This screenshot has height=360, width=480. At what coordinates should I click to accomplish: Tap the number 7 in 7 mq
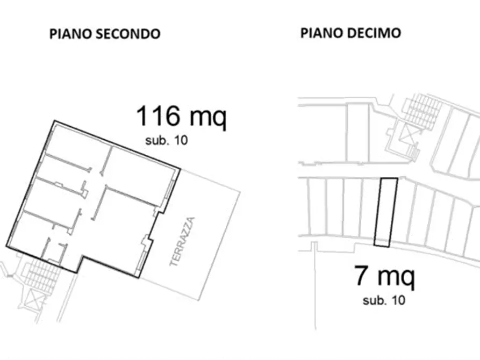[x=362, y=276]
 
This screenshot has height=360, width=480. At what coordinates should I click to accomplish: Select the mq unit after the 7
[x=396, y=277]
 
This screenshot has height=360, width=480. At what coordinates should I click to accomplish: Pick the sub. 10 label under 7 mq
[x=384, y=300]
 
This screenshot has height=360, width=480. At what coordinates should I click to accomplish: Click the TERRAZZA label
[x=183, y=242]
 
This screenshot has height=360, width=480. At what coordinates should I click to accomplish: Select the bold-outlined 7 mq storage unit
[x=385, y=212]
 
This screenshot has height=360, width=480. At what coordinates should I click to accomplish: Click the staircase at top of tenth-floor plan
[x=422, y=110]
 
